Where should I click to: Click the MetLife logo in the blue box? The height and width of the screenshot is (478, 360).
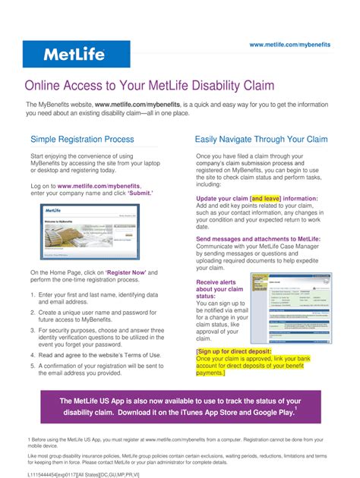click(x=74, y=55)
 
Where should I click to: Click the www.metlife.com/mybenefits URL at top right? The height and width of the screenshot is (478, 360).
click(x=290, y=45)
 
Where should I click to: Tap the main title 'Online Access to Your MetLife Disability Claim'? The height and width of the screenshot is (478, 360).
click(x=150, y=85)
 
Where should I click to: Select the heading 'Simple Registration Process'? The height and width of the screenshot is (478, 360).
click(x=82, y=140)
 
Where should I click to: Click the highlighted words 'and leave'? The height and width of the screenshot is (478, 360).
click(x=266, y=199)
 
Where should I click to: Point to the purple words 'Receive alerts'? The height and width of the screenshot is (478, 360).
click(x=216, y=281)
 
